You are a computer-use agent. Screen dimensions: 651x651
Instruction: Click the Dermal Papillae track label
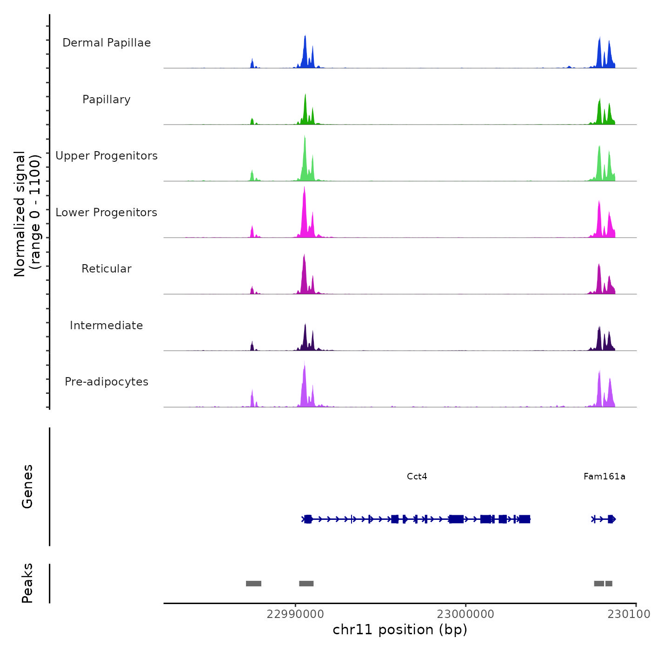106,43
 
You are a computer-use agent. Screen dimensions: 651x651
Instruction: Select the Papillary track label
106,100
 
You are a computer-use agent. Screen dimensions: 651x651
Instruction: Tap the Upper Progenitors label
106,156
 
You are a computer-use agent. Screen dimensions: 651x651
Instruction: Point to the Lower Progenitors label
106,213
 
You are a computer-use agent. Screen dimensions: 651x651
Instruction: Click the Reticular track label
106,269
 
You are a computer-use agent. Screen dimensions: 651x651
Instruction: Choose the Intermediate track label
106,325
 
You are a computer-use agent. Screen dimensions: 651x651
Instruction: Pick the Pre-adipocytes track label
106,382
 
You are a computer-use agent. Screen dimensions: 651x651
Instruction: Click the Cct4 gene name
417,477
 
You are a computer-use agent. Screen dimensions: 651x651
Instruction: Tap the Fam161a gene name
604,477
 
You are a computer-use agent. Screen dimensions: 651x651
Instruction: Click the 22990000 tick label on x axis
295,614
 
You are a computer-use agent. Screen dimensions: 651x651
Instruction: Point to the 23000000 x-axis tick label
465,614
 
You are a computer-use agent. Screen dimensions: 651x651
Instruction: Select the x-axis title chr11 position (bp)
400,630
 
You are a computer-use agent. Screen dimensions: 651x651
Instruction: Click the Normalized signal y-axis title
27,214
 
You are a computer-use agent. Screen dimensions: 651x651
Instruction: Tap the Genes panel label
27,486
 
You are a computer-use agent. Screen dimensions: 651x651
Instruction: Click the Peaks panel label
27,583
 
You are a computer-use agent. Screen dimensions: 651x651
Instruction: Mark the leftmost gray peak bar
253,584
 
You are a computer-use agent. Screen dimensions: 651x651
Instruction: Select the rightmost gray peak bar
609,584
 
